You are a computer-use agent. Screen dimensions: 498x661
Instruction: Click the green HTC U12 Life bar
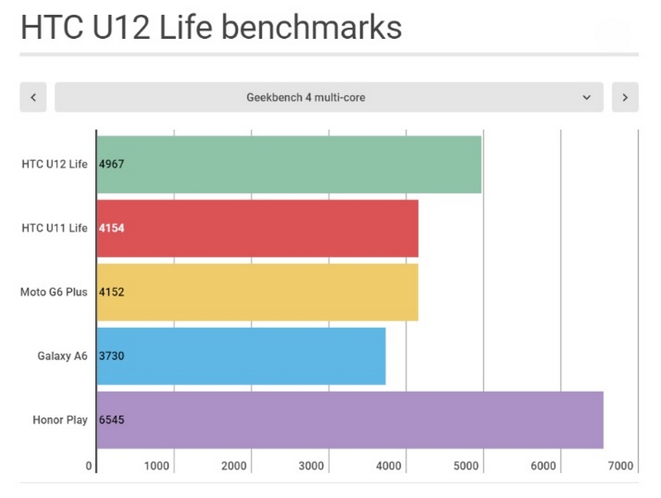coord(288,164)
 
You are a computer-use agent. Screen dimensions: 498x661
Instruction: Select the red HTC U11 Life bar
coord(257,228)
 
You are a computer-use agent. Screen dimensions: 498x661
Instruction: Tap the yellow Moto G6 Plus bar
coord(257,292)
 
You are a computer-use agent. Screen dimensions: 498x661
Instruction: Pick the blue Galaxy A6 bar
coord(240,356)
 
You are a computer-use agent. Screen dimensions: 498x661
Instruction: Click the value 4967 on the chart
coord(112,164)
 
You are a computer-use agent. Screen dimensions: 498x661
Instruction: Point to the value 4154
coord(112,228)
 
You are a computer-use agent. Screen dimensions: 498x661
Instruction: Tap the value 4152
coord(112,292)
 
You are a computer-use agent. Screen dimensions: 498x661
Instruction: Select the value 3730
coord(112,356)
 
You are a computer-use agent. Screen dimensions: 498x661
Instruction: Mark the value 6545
coord(112,420)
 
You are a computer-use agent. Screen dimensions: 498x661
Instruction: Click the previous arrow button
coord(33,97)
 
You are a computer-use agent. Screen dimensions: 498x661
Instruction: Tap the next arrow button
coord(625,97)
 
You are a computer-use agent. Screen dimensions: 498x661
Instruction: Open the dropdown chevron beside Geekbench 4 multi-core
coord(587,97)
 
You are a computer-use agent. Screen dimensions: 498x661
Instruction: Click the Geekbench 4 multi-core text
coord(306,97)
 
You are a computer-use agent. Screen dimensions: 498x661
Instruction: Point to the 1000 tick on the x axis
coord(157,467)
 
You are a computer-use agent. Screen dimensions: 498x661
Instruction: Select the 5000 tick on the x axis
coord(467,467)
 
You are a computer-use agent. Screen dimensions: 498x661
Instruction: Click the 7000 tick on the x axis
coord(621,467)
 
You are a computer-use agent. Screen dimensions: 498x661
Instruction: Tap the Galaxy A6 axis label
coord(62,356)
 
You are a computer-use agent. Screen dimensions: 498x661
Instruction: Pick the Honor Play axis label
coord(59,420)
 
